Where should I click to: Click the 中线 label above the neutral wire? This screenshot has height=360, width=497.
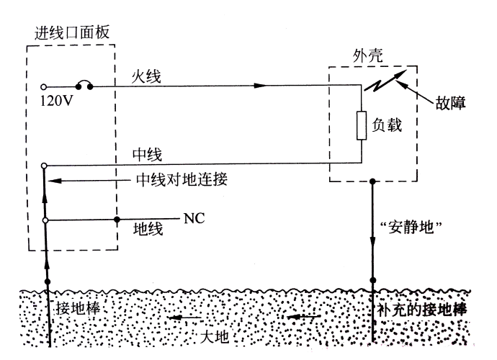coord(147,153)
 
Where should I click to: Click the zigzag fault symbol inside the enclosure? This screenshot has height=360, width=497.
coord(384,84)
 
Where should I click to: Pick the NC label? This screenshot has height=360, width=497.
coord(195,217)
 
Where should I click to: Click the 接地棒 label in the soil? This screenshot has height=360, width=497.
coord(80,307)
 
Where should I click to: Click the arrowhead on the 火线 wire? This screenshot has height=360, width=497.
coord(260,86)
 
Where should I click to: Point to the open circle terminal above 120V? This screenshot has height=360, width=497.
coord(44,86)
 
